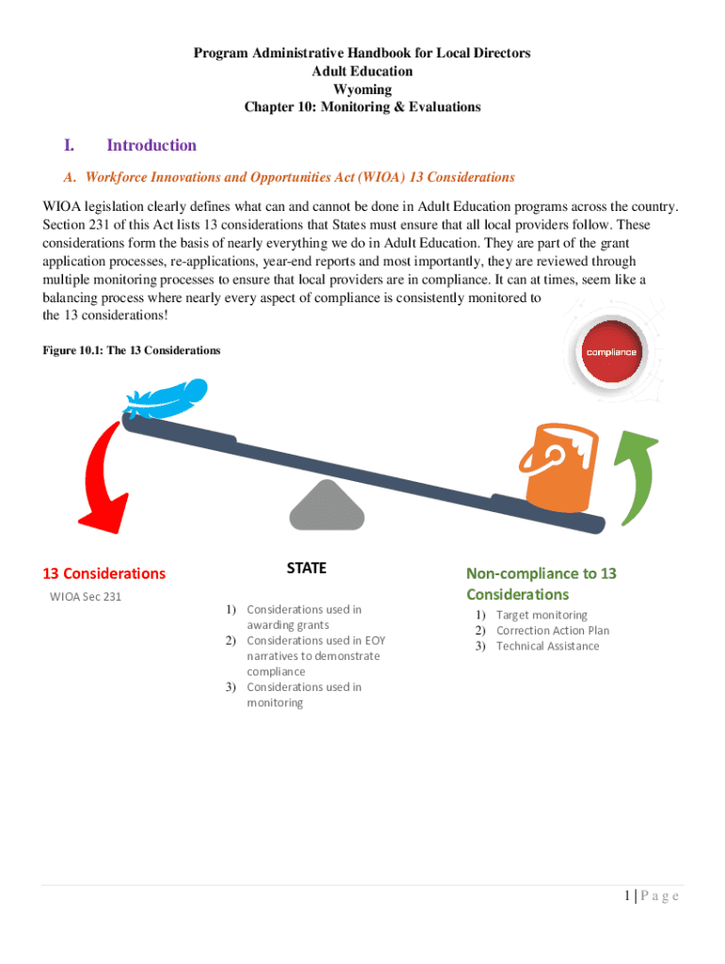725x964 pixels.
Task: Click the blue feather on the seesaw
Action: click(x=168, y=397)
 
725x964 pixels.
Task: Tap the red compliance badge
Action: click(x=611, y=352)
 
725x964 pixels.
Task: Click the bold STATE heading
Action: click(x=306, y=568)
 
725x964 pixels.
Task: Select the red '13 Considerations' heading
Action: click(x=104, y=573)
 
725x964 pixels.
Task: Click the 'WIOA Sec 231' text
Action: click(x=86, y=597)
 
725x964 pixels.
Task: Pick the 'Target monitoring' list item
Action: click(x=541, y=615)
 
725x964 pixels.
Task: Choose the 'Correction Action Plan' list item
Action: click(x=553, y=631)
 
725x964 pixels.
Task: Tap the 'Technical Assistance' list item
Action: click(x=547, y=646)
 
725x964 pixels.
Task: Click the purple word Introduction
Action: click(x=152, y=145)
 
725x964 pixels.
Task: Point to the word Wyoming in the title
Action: click(x=362, y=88)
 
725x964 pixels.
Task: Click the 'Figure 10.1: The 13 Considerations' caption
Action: click(x=132, y=350)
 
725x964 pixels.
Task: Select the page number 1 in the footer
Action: click(x=625, y=895)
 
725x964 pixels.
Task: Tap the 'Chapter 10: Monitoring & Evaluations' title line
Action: click(x=362, y=106)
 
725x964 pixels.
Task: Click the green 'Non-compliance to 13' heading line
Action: click(x=541, y=573)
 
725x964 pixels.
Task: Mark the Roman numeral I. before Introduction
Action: click(x=69, y=145)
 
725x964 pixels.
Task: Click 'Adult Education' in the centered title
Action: click(x=362, y=71)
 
